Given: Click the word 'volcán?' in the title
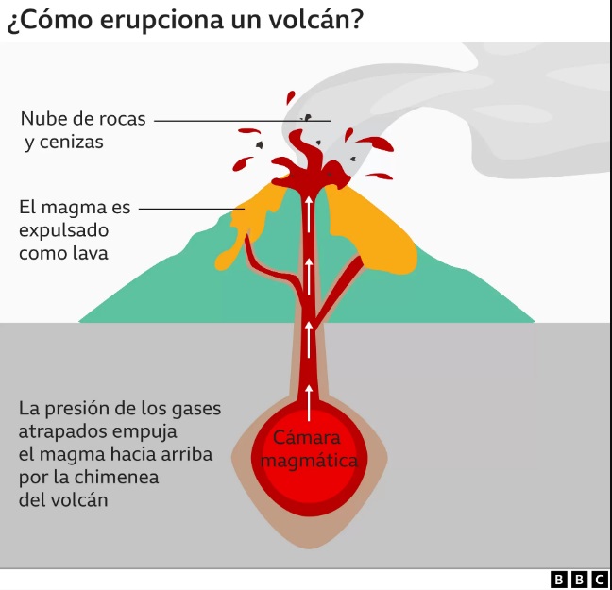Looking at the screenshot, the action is coord(315,19).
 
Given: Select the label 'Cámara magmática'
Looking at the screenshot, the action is coord(309,449).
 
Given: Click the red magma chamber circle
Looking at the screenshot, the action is coord(309,459).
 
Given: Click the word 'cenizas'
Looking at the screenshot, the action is coord(72,143).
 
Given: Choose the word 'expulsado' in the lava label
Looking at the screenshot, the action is coord(63,231).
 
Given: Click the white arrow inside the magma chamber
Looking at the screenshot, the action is coord(309,403).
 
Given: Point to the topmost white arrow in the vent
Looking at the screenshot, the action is coord(309,214).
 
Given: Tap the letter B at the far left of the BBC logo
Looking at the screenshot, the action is coord(558,580).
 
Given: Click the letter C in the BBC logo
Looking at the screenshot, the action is coord(600,580).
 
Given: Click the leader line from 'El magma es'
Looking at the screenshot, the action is coord(192,209).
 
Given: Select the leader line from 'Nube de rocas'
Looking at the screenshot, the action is coord(243,121).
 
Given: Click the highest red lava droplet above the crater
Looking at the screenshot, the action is coord(290,97).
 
